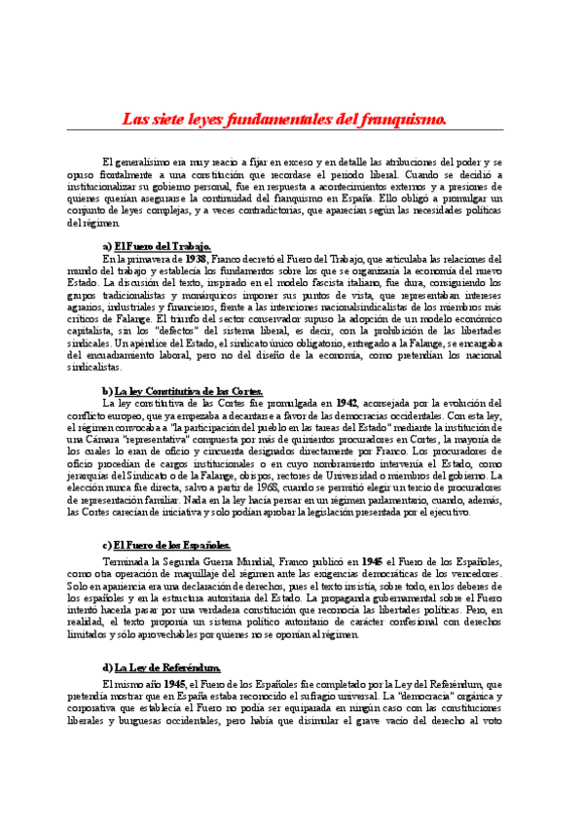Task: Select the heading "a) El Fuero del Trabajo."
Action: (x=156, y=247)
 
